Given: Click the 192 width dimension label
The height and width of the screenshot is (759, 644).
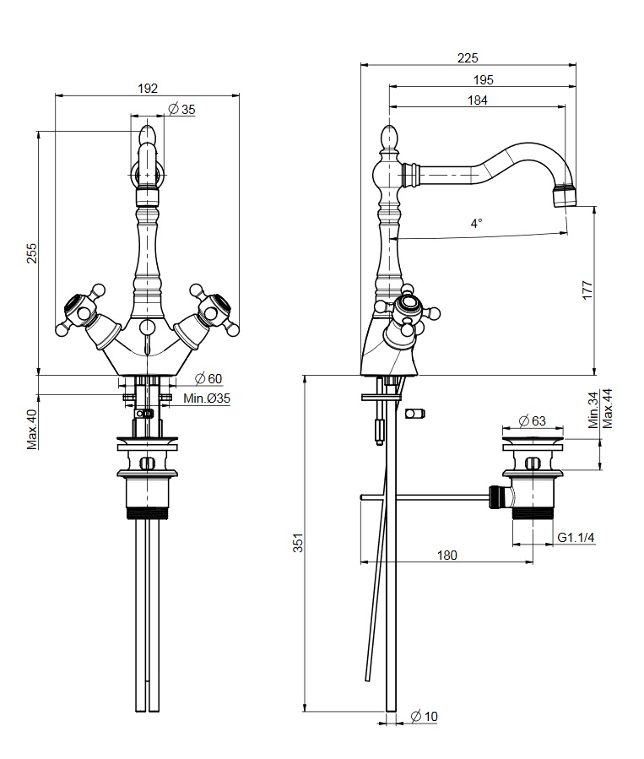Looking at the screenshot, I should (147, 87).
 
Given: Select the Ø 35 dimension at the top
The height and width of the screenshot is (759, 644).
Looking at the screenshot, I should (181, 109).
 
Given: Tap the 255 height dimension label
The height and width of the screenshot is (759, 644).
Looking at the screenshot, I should (32, 253).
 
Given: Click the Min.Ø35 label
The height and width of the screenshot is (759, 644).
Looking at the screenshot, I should (207, 398).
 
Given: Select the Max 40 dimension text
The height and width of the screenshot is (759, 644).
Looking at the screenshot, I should (32, 429).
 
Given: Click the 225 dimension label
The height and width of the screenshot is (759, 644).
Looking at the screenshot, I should (467, 57).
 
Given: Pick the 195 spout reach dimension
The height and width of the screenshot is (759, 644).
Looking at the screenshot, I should (483, 79).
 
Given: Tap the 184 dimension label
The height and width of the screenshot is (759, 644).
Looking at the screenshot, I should (477, 100).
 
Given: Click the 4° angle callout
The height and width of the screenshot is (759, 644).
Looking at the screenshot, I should (477, 224).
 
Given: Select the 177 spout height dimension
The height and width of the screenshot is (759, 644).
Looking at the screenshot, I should (588, 290).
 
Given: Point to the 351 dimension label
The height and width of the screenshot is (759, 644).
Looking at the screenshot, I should (298, 543).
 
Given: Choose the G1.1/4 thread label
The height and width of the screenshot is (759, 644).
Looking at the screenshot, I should (576, 537).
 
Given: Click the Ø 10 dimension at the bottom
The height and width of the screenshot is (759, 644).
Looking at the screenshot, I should (425, 716).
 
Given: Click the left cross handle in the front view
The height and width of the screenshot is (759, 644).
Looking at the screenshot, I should (79, 313).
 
